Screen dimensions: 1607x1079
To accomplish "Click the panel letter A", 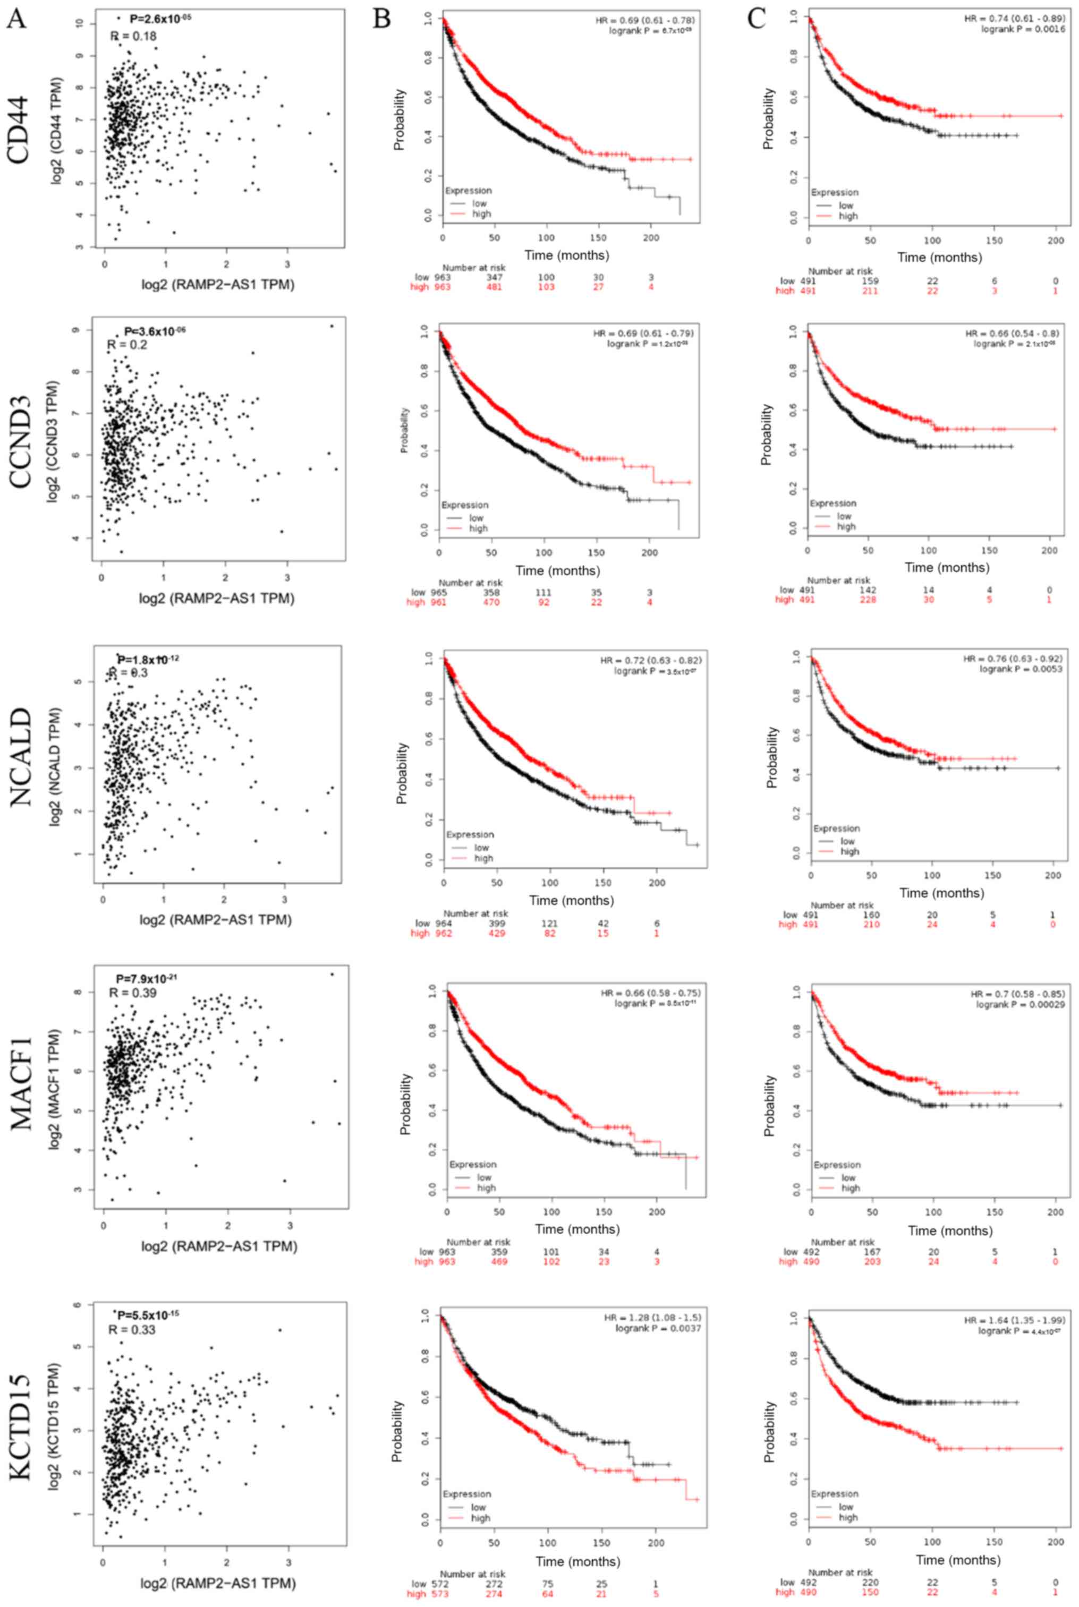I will point(16,19).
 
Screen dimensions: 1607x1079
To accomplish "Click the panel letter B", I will point(382,19).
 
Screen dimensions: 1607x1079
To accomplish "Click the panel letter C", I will point(757,19).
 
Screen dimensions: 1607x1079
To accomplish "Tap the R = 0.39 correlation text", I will point(132,993).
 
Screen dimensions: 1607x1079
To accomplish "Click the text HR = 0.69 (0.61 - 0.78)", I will point(645,20).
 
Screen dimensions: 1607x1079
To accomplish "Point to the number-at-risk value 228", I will point(871,600).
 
